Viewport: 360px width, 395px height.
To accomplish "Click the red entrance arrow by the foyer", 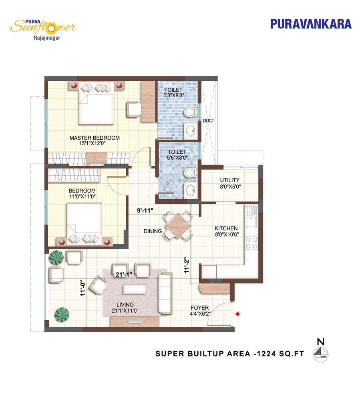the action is (237, 314).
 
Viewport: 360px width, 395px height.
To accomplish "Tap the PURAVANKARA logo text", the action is (311, 24).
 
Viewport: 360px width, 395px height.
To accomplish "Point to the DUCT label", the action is (209, 121).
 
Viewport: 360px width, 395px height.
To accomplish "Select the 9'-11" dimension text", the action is (145, 210).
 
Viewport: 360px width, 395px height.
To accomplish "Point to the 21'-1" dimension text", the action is (124, 274).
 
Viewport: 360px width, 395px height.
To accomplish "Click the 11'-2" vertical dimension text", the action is (186, 265).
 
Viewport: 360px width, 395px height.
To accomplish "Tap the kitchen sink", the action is (251, 217).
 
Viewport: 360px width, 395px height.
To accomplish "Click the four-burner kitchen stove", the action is (251, 243).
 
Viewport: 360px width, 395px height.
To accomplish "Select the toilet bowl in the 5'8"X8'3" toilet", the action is (190, 112).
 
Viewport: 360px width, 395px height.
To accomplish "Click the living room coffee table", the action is (135, 289).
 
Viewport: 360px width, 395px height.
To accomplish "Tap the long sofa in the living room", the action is (165, 293).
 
